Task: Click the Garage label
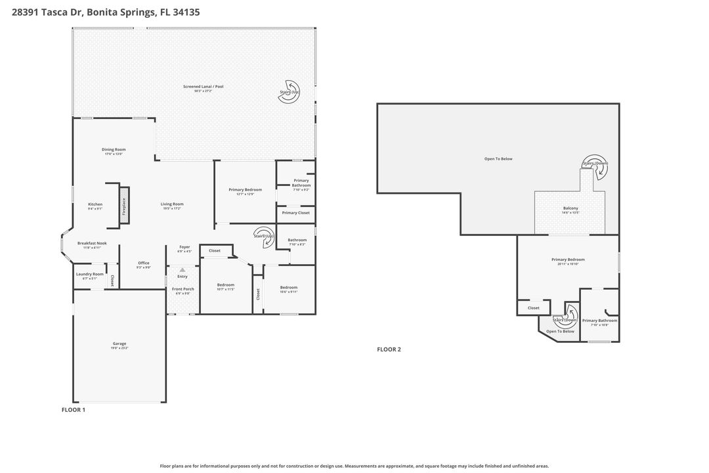pos(119,344)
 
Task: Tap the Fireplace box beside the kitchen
pos(123,205)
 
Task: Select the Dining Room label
pos(113,149)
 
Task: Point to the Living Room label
pos(172,204)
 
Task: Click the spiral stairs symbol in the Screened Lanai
pos(289,93)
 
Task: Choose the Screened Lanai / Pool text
pos(204,86)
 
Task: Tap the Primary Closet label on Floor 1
pos(295,213)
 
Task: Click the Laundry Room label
pos(89,274)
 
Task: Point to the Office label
pos(143,263)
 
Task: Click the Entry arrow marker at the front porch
pos(183,270)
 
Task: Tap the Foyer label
pos(184,247)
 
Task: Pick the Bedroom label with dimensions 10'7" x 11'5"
pos(225,285)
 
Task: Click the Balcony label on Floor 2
pos(570,208)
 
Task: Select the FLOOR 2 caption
pos(389,349)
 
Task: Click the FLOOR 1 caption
pos(74,410)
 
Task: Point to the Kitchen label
pos(95,204)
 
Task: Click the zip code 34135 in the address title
pos(187,12)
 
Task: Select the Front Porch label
pos(183,289)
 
